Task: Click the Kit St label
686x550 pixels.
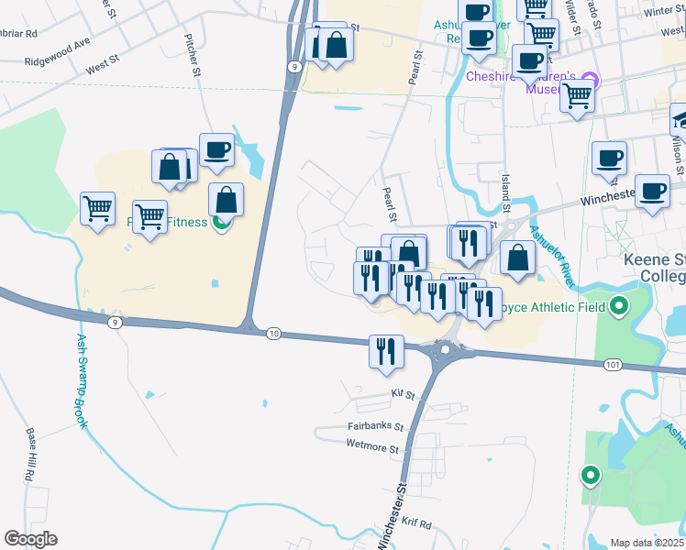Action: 404,394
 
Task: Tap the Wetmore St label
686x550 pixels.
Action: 373,450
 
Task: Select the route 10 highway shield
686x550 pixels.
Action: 273,334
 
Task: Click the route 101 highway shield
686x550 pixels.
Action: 613,365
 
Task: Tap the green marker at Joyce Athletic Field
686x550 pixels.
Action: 620,306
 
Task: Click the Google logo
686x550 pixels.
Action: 30,539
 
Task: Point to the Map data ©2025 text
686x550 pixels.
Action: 647,543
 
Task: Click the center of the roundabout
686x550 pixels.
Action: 447,349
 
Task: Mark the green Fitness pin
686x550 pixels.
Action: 220,222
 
